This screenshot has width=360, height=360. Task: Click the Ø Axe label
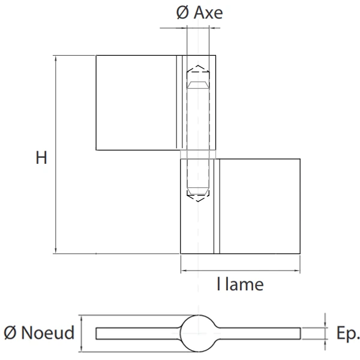(200, 13)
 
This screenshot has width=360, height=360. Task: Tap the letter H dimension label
(41, 158)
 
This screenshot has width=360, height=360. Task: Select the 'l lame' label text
(240, 284)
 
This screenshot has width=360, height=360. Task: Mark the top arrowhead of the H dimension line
(56, 59)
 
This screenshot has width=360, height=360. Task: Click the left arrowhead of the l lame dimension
(184, 271)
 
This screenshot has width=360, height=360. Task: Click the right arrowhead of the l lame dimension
(297, 271)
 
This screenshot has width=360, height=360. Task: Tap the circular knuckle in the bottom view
(198, 332)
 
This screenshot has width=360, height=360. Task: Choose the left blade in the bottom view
(138, 332)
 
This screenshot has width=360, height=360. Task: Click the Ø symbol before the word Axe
(184, 13)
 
